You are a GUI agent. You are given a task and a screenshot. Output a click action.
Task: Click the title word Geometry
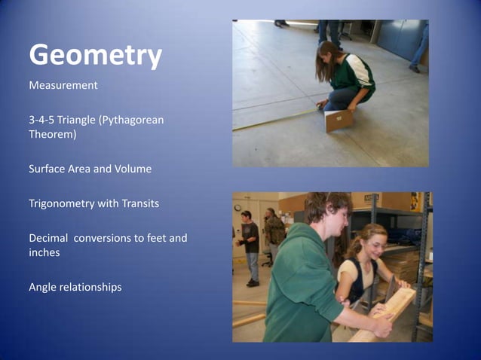[x=95, y=55]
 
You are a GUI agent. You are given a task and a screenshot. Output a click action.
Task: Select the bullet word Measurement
[x=63, y=85]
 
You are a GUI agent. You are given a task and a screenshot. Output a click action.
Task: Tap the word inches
[x=45, y=253]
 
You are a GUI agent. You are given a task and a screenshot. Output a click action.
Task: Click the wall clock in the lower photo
[x=237, y=206]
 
